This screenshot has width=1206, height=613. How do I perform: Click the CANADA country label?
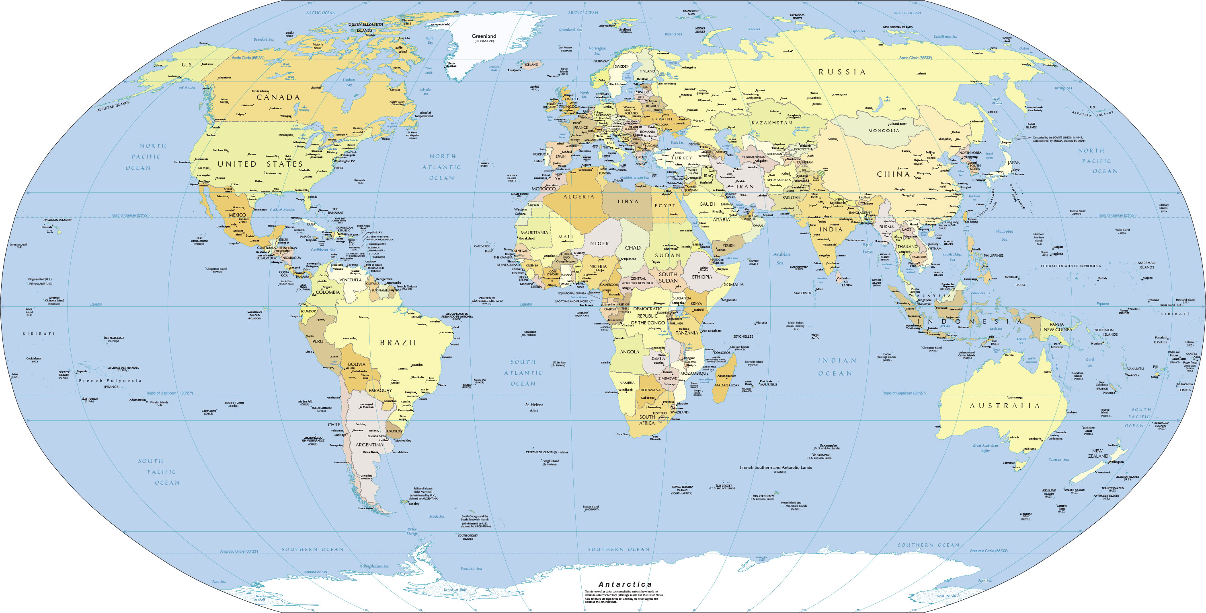click(278, 97)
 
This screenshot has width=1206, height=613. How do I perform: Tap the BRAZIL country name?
click(398, 343)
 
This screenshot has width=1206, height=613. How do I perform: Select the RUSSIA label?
click(842, 72)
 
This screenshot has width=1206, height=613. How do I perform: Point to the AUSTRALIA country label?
click(1005, 406)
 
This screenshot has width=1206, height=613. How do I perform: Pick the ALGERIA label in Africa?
click(578, 197)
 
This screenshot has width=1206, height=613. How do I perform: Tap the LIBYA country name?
click(628, 202)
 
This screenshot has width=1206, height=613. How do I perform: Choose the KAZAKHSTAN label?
click(771, 123)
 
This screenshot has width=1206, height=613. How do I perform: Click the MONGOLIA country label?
click(884, 131)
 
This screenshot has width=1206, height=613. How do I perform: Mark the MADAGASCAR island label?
click(727, 385)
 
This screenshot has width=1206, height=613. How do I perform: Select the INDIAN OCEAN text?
click(837, 367)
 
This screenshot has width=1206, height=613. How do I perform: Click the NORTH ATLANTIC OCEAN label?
click(441, 167)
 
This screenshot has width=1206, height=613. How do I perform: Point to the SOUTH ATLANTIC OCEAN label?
click(523, 373)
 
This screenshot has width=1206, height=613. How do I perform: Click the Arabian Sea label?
click(781, 258)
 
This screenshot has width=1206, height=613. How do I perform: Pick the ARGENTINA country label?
click(369, 445)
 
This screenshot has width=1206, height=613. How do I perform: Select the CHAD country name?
click(632, 248)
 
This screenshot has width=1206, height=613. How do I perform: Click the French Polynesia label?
click(110, 380)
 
